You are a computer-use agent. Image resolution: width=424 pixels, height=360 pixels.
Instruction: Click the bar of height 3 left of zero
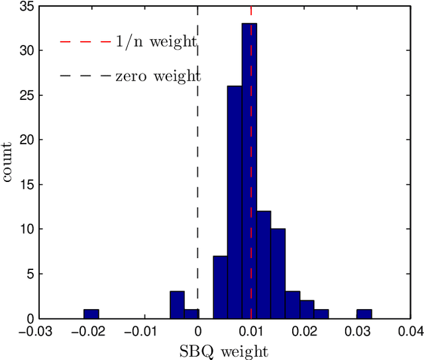point(177,305)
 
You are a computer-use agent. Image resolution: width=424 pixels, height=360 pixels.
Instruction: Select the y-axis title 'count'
point(9,161)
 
